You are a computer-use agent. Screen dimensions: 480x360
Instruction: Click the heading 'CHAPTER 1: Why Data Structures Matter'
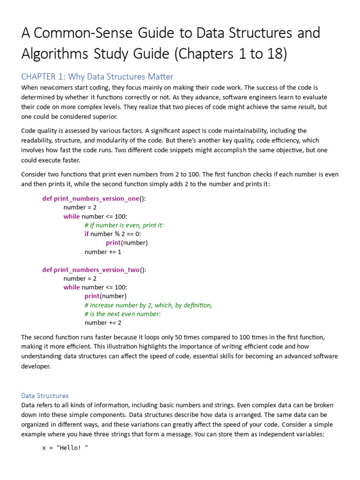97,76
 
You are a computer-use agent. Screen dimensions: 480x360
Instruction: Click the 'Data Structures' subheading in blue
45,396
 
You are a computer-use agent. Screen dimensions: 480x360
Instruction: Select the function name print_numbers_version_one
97,198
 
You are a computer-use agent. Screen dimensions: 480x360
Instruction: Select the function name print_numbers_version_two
97,270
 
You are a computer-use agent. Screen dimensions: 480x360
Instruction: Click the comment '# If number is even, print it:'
124,225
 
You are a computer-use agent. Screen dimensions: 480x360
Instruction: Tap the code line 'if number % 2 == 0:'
112,234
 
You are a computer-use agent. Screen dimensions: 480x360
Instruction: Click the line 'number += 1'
103,252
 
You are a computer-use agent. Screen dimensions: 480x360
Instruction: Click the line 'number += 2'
103,322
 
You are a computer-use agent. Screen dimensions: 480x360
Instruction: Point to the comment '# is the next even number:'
122,314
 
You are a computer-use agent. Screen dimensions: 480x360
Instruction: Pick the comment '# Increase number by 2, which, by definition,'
148,305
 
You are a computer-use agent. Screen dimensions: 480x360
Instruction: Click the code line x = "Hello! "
65,448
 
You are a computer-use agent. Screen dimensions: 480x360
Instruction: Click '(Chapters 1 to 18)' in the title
230,54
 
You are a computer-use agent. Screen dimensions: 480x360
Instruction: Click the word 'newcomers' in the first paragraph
56,88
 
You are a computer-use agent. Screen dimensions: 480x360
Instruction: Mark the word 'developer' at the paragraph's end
36,366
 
